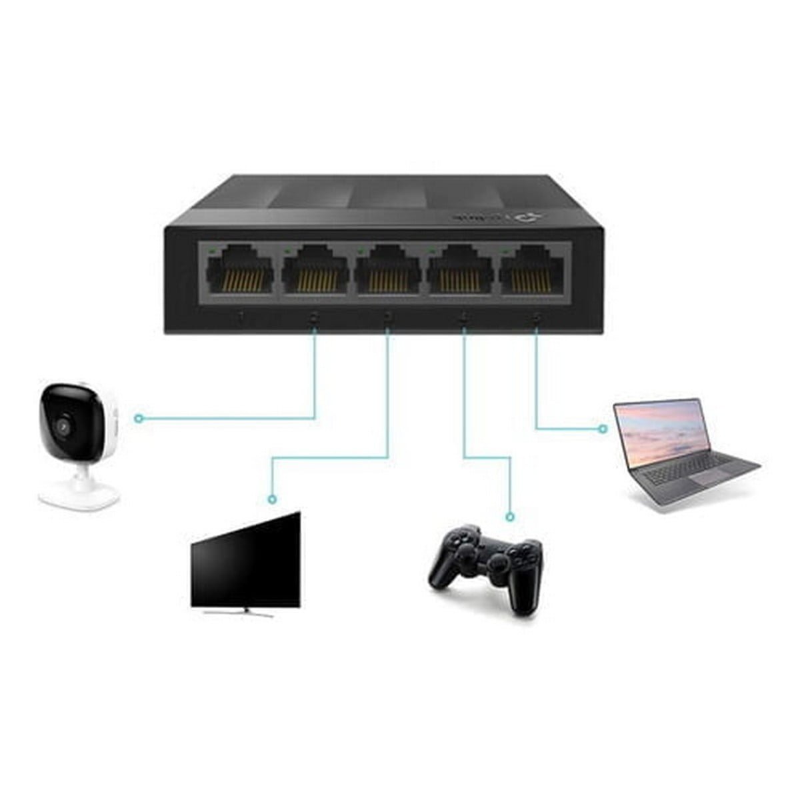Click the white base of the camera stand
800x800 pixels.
(79, 495)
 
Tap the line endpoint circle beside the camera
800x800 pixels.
(138, 419)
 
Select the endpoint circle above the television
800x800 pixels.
(271, 499)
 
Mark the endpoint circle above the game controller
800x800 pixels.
(510, 517)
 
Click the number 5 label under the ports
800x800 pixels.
(537, 318)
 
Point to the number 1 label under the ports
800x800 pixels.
(241, 318)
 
